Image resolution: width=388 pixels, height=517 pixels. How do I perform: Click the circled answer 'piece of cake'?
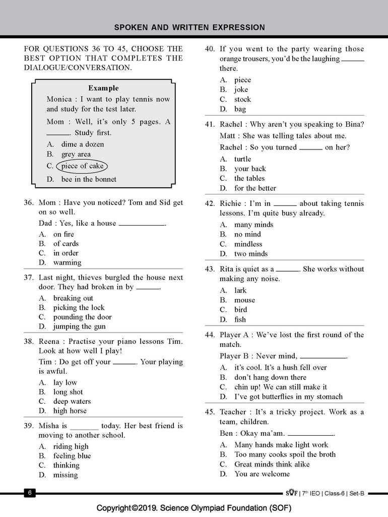tap(82, 166)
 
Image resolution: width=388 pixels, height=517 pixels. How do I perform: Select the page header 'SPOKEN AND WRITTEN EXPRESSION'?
tap(189, 27)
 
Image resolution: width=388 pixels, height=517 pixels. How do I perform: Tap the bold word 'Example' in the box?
tap(103, 88)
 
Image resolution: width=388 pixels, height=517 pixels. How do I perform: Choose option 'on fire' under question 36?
tap(63, 234)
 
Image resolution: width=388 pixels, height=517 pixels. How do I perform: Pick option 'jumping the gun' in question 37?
tap(80, 327)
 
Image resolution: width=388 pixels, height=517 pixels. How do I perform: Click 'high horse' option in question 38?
tap(70, 411)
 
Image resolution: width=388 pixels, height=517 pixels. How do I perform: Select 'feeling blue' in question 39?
tap(72, 456)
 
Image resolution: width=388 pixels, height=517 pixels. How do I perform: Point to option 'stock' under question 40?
tap(242, 99)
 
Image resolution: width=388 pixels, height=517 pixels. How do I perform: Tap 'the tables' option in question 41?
tap(249, 178)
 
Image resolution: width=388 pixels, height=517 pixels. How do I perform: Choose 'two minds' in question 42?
tap(251, 254)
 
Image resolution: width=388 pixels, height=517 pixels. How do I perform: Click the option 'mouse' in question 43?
tap(244, 300)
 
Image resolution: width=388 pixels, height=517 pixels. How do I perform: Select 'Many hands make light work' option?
tap(281, 445)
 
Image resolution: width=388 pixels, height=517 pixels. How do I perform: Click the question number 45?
tap(210, 412)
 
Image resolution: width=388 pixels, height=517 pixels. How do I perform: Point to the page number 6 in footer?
tap(30, 493)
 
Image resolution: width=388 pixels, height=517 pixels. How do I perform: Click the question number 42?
tap(210, 203)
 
